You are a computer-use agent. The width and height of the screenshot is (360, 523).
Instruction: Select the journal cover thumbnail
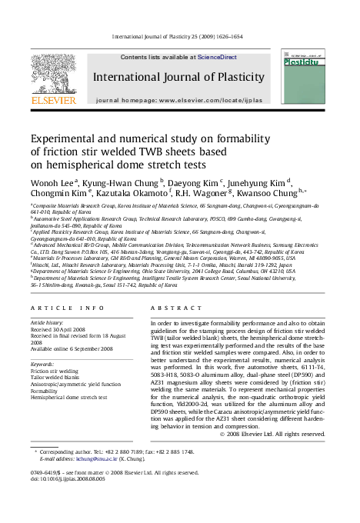click(x=302, y=76)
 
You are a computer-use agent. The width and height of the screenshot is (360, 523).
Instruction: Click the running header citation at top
click(x=178, y=36)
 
